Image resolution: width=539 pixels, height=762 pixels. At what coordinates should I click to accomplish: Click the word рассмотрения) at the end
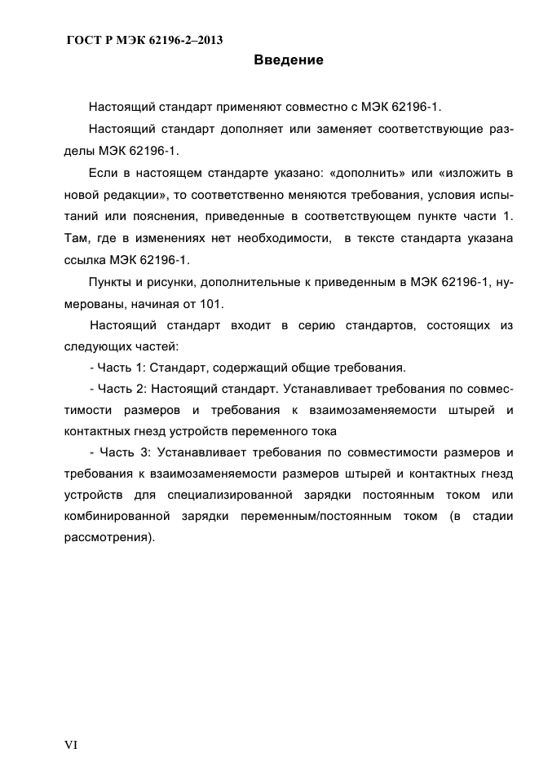(x=108, y=537)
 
